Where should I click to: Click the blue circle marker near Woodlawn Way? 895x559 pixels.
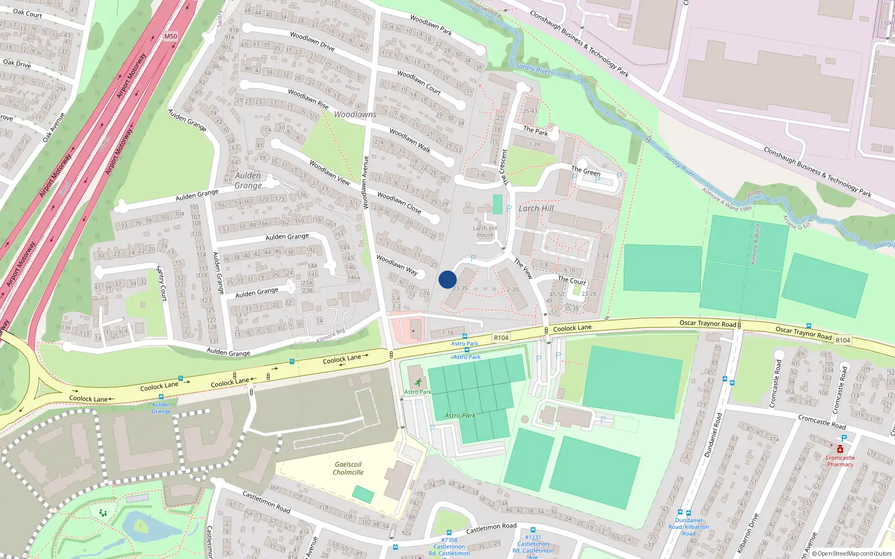(x=447, y=279)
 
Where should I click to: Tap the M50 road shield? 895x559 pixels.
(x=171, y=36)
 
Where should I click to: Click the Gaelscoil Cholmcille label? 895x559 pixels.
(x=348, y=468)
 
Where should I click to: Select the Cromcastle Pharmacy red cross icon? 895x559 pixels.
(x=840, y=449)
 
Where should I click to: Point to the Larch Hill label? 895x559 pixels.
(x=536, y=209)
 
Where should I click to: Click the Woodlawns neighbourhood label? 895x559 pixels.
(x=355, y=115)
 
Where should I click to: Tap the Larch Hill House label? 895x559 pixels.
(x=485, y=231)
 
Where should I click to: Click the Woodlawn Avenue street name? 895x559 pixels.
(x=366, y=183)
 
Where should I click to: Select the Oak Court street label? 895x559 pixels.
(x=27, y=13)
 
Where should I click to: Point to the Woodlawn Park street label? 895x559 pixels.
(x=431, y=25)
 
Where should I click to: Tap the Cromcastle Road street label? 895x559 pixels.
(x=822, y=421)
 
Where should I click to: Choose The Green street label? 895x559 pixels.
(x=586, y=171)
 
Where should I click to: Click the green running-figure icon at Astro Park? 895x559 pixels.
(x=418, y=383)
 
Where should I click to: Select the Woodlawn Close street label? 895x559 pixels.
(x=399, y=202)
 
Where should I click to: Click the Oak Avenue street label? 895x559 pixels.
(x=54, y=127)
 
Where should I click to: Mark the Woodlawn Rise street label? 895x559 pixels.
(x=308, y=99)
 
